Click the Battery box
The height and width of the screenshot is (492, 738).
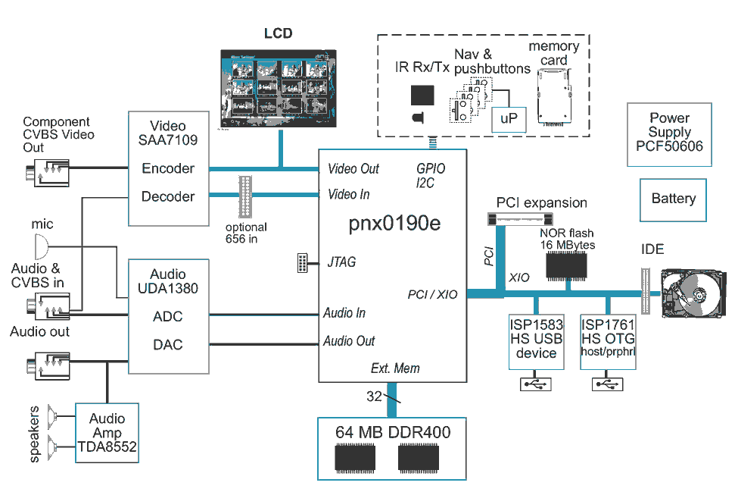tap(673, 199)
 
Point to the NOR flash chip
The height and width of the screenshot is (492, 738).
tap(566, 265)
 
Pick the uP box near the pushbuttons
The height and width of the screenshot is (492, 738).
tap(508, 119)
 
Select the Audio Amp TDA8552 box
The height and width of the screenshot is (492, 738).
tap(107, 433)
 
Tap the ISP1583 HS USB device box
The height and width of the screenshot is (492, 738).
tap(536, 339)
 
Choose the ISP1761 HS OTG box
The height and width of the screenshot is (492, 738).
tap(608, 339)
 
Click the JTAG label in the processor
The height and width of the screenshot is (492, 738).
tap(341, 262)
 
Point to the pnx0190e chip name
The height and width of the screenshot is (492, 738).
tap(384, 224)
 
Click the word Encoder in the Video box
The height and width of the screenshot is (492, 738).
tap(168, 168)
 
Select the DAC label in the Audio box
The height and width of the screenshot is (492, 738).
tap(168, 344)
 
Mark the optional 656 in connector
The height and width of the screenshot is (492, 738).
tap(247, 196)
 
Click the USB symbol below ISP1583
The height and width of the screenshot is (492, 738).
tap(536, 384)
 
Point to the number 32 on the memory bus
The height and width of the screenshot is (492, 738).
tap(374, 396)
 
